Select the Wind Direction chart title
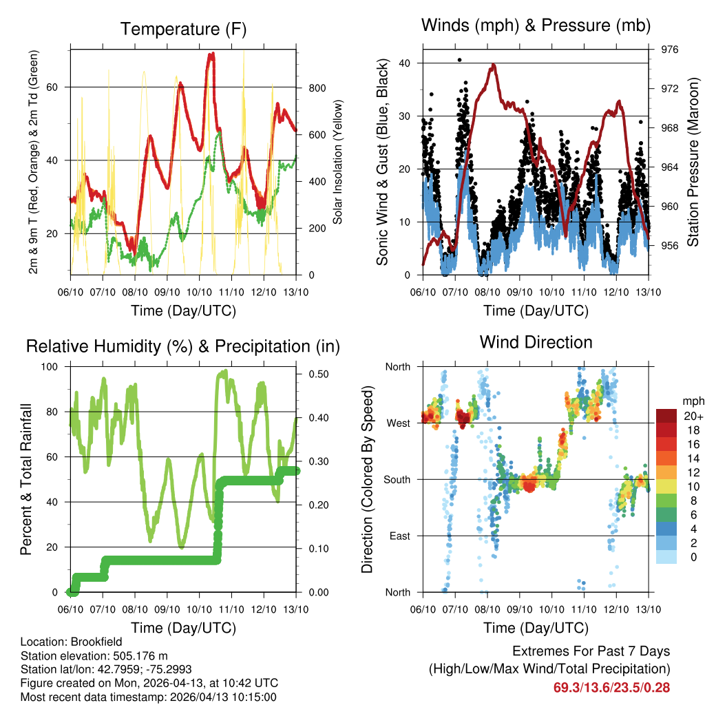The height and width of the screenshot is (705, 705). (536, 342)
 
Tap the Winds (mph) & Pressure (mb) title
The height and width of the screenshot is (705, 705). (536, 26)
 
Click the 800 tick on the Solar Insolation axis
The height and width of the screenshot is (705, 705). (317, 88)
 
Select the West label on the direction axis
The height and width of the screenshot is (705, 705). (397, 423)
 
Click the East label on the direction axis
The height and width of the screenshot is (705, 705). (398, 536)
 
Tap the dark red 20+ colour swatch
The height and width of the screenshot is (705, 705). (667, 415)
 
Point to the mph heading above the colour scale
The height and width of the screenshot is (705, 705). (692, 401)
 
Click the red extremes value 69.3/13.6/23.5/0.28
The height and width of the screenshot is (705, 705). (611, 687)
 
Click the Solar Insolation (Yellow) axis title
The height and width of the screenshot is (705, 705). (338, 162)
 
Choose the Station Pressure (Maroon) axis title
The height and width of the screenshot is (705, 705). (693, 162)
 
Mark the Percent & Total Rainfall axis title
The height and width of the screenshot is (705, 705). (25, 479)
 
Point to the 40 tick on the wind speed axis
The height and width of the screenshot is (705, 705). (405, 63)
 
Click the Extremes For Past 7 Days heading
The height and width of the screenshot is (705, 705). (591, 651)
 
